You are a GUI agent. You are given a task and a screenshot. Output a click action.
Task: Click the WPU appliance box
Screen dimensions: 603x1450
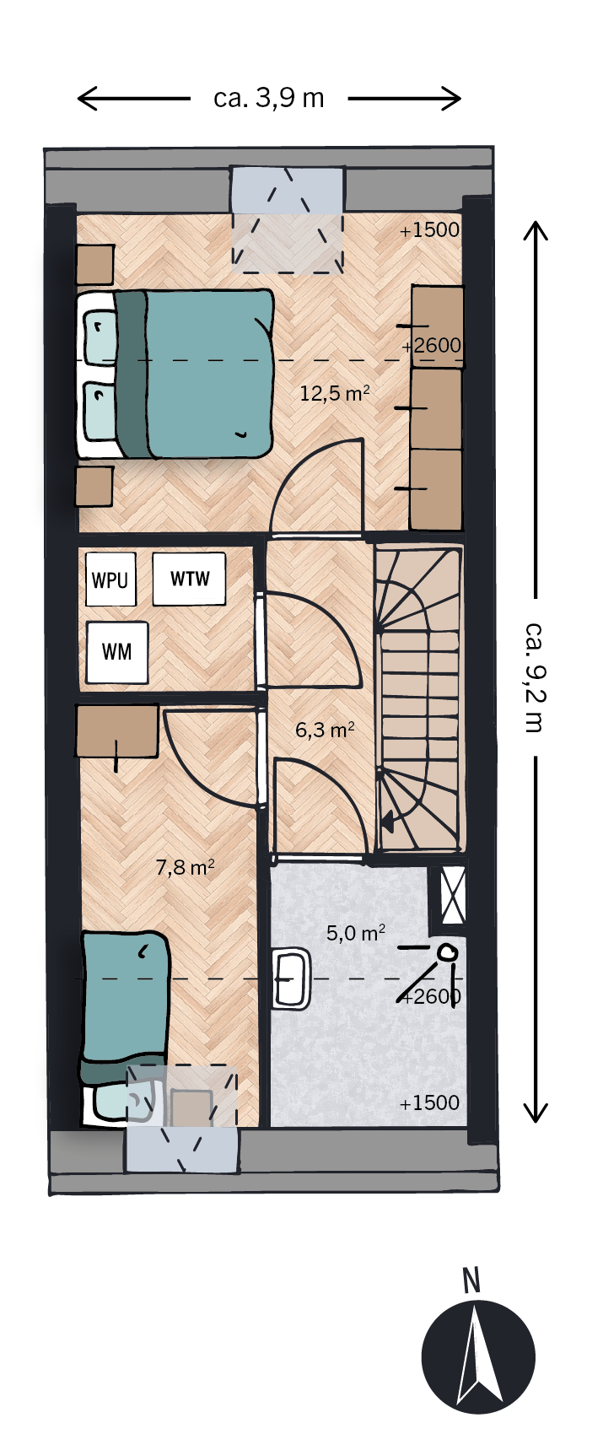(x=110, y=579)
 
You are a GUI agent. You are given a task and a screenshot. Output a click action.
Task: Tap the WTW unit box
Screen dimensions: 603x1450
(x=189, y=579)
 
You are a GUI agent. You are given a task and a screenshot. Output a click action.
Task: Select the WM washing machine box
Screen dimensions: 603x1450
(x=117, y=652)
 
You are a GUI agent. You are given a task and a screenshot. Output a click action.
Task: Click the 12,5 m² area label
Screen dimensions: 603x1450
(x=335, y=393)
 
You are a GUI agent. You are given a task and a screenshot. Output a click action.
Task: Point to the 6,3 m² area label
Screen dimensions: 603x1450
(x=325, y=730)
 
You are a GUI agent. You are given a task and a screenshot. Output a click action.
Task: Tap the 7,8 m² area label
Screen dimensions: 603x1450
(x=186, y=866)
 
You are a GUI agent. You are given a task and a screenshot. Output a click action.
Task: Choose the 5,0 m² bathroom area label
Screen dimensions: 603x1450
(x=356, y=933)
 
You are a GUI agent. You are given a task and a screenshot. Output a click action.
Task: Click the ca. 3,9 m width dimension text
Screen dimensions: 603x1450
(x=269, y=99)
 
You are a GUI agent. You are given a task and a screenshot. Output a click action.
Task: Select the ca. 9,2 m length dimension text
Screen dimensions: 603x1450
(x=533, y=677)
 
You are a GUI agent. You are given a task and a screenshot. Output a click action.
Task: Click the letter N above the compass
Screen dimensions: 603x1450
(x=471, y=1280)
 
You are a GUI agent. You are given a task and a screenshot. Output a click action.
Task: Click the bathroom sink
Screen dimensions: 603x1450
(x=292, y=978)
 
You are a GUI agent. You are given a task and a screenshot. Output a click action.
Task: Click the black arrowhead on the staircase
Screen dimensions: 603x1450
(x=390, y=819)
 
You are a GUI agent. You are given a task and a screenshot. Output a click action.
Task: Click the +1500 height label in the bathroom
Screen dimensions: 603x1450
(x=429, y=1103)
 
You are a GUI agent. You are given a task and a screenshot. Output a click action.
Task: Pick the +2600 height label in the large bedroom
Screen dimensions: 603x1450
(x=431, y=346)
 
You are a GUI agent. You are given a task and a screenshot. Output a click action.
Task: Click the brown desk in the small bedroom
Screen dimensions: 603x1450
(x=117, y=731)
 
